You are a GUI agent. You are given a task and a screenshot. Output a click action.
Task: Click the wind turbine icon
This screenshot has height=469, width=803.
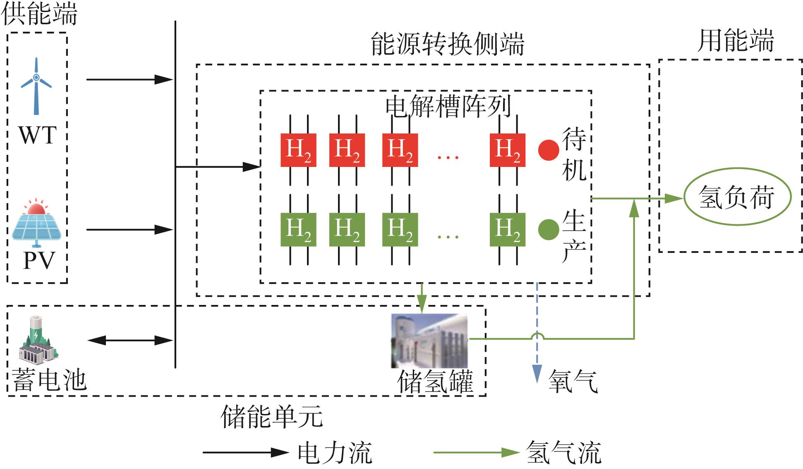[36, 86]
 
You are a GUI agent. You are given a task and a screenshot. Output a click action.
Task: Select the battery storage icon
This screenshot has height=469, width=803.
[38, 338]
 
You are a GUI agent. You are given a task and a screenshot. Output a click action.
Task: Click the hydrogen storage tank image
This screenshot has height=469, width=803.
[429, 341]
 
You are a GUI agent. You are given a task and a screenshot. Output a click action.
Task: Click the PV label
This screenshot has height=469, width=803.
[39, 260]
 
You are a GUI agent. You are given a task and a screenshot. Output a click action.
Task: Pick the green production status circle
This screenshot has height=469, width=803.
[549, 229]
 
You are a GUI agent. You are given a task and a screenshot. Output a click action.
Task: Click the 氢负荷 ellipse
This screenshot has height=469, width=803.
[737, 197]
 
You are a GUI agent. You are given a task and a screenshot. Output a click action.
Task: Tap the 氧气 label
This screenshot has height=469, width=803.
[573, 381]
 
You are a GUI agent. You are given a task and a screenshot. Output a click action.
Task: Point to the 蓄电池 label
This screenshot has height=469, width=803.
[49, 379]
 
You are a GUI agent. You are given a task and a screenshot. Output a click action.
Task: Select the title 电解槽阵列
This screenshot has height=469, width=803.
[448, 106]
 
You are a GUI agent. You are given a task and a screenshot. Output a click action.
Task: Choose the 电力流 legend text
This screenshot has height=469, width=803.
[335, 452]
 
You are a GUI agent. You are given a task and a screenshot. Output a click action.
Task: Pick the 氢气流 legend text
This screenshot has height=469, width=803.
[563, 452]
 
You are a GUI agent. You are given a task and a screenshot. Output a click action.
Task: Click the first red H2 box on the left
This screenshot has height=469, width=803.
[298, 150]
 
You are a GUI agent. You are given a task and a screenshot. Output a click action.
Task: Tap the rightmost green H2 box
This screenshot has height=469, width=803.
[508, 229]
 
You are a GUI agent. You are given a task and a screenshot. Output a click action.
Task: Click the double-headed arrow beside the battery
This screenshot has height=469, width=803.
[130, 340]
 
